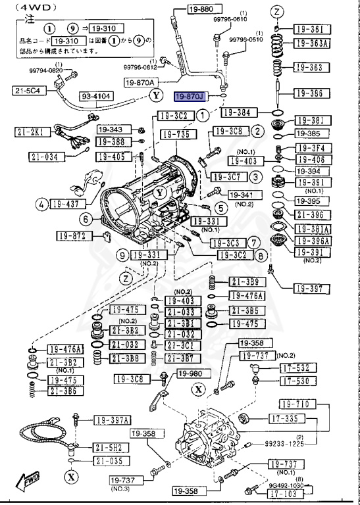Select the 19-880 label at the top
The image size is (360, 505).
pos(191,10)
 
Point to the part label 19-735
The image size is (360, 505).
pos(174,135)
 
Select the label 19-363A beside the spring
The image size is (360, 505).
pos(311,43)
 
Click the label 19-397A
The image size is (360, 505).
pos(113,420)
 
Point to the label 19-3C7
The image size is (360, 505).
pos(226,178)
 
